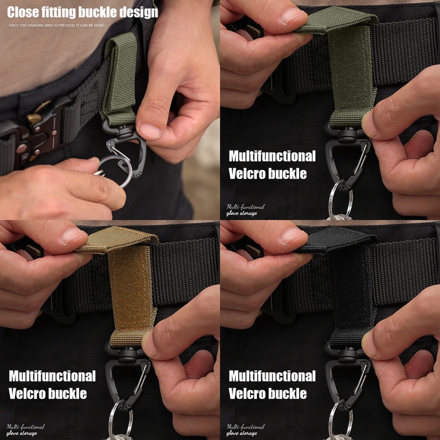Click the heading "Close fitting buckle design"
(x=83, y=12)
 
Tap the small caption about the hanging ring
(x=56, y=25)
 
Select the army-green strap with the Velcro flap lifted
(x=343, y=65)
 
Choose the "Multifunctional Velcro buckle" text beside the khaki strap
(x=52, y=384)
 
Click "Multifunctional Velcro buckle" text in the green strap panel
(x=272, y=165)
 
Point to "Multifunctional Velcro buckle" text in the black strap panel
(x=272, y=384)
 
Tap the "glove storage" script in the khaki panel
(x=22, y=433)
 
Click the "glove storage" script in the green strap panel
(x=242, y=213)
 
